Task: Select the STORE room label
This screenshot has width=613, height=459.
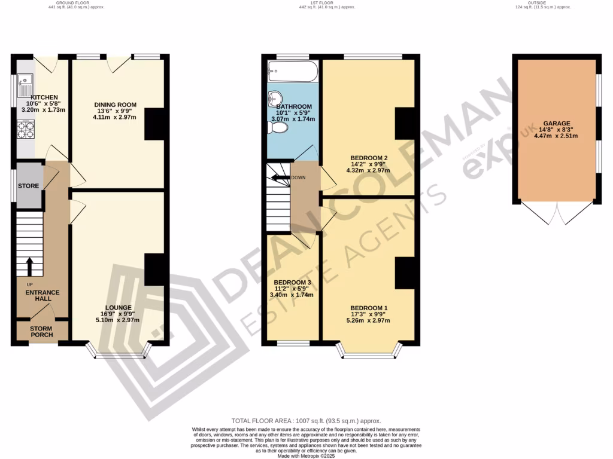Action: (28, 186)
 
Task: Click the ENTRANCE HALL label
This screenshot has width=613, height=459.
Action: (42, 295)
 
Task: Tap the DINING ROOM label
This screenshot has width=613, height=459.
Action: (115, 105)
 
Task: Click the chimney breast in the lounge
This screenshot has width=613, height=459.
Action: (154, 270)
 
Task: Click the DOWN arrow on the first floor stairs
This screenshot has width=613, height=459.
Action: (278, 178)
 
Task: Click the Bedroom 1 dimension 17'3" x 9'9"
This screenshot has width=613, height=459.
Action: (369, 314)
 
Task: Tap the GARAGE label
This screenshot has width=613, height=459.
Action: (557, 123)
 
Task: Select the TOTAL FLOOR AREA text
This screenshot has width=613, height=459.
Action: (306, 421)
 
